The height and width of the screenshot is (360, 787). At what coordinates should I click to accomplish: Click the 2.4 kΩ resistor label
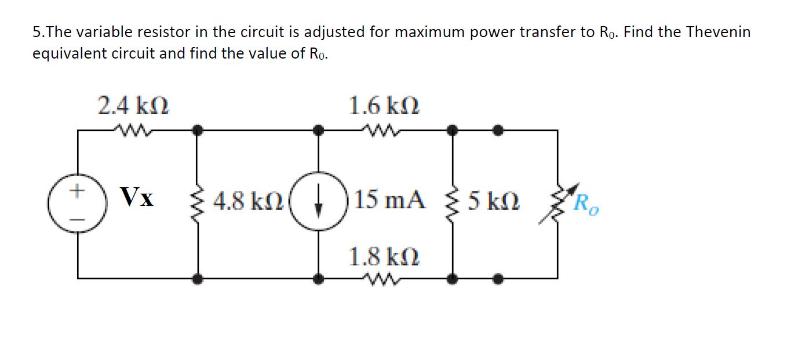[133, 107]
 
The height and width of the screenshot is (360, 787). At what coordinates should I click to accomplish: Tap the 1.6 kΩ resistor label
[384, 107]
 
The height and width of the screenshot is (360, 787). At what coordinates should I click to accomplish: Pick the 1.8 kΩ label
[384, 256]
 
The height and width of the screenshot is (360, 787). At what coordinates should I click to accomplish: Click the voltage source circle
[78, 204]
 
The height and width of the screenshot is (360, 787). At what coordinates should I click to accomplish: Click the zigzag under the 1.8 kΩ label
[383, 279]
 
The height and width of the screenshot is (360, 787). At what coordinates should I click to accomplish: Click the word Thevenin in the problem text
[718, 32]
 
